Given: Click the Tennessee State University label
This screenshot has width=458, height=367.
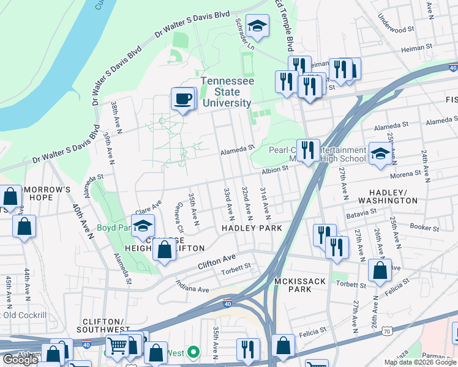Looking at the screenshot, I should click(227, 92).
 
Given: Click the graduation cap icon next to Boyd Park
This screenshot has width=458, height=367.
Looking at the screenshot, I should click(143, 226).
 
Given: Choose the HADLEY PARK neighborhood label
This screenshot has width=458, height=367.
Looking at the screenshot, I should click(252, 228).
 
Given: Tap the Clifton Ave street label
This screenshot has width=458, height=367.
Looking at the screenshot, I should click(216, 262).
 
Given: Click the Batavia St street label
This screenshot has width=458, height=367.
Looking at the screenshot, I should click(361, 212).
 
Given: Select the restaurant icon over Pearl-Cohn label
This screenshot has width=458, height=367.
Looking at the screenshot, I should click(308, 149).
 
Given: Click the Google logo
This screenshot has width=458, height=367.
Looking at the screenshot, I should click(20, 360).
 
